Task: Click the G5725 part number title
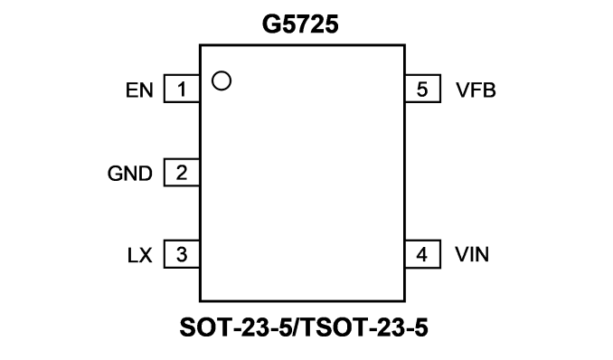coord(300,24)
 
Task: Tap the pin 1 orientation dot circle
coord(222,72)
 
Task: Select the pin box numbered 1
coord(182,89)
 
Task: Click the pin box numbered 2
coord(182,172)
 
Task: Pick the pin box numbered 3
coord(182,254)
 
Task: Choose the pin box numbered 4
coord(423,254)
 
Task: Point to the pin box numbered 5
coord(423,89)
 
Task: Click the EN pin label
coord(139,90)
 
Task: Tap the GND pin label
coord(130,174)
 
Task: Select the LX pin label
coord(139,255)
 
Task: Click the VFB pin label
coord(476,90)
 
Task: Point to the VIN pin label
coord(472,254)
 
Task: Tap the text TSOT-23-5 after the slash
coord(364,327)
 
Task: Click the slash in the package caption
coord(297,327)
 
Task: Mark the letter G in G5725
coord(270,24)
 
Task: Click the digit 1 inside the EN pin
coord(182,90)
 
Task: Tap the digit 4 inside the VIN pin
coord(421,255)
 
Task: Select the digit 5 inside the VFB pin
coord(422,90)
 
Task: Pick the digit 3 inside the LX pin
coord(182,255)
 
